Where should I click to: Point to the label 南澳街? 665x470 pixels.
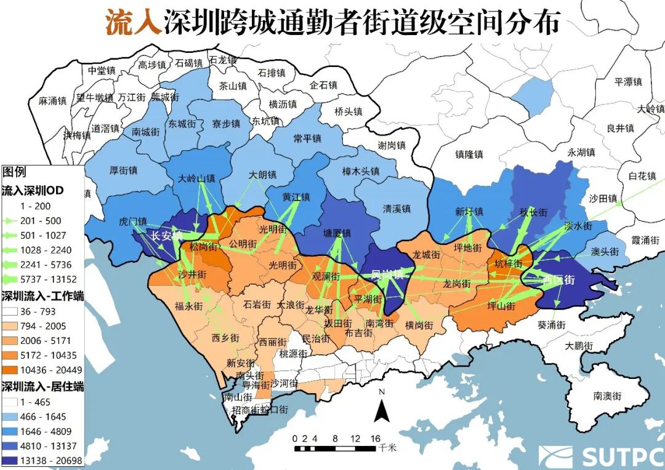pyautogui.click(x=607, y=396)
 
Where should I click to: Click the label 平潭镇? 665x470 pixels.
pyautogui.click(x=628, y=82)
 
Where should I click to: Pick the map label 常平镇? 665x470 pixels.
pyautogui.click(x=307, y=139)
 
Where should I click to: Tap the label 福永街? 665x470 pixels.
pyautogui.click(x=188, y=305)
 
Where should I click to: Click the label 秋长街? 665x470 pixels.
pyautogui.click(x=533, y=212)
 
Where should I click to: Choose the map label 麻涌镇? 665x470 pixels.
pyautogui.click(x=52, y=101)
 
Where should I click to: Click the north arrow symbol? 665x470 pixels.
pyautogui.click(x=382, y=408)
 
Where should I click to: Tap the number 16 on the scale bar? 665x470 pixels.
pyautogui.click(x=375, y=439)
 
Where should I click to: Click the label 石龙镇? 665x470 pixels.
pyautogui.click(x=223, y=60)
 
